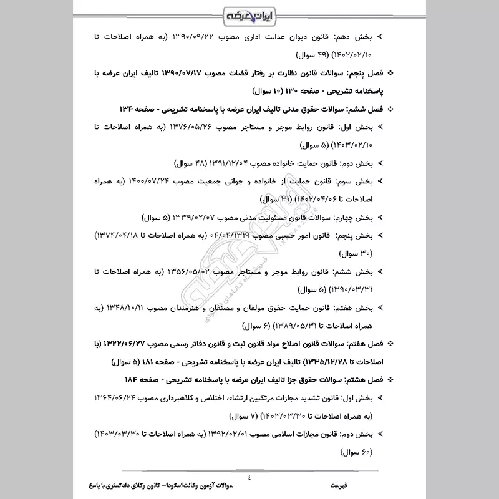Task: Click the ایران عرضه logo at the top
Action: [x=249, y=14]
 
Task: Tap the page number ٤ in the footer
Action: [x=249, y=478]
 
